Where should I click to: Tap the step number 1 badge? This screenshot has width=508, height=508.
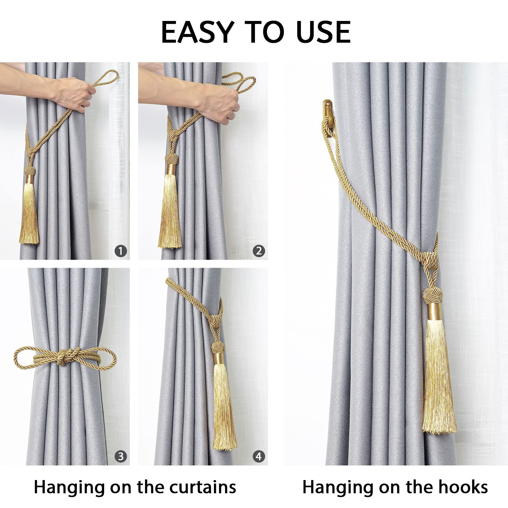121,251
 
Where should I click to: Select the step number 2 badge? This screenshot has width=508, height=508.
259,251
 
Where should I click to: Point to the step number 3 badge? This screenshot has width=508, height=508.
121,457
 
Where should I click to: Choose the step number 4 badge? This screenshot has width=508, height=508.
259,457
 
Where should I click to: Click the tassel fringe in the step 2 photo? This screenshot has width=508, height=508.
170,216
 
